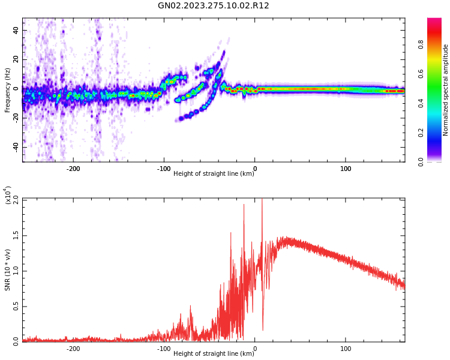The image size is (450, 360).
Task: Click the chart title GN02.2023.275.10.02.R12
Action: (x=213, y=6)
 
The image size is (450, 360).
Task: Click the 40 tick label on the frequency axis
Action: (x=16, y=30)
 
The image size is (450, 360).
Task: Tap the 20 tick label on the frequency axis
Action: (x=16, y=59)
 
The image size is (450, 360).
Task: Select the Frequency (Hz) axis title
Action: (x=8, y=90)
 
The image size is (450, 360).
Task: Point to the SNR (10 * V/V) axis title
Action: (x=8, y=270)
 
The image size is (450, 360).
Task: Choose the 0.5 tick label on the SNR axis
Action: (x=16, y=306)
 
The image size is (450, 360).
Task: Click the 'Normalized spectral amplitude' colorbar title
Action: (x=446, y=90)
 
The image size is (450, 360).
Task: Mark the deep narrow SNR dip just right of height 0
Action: (x=262, y=329)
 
